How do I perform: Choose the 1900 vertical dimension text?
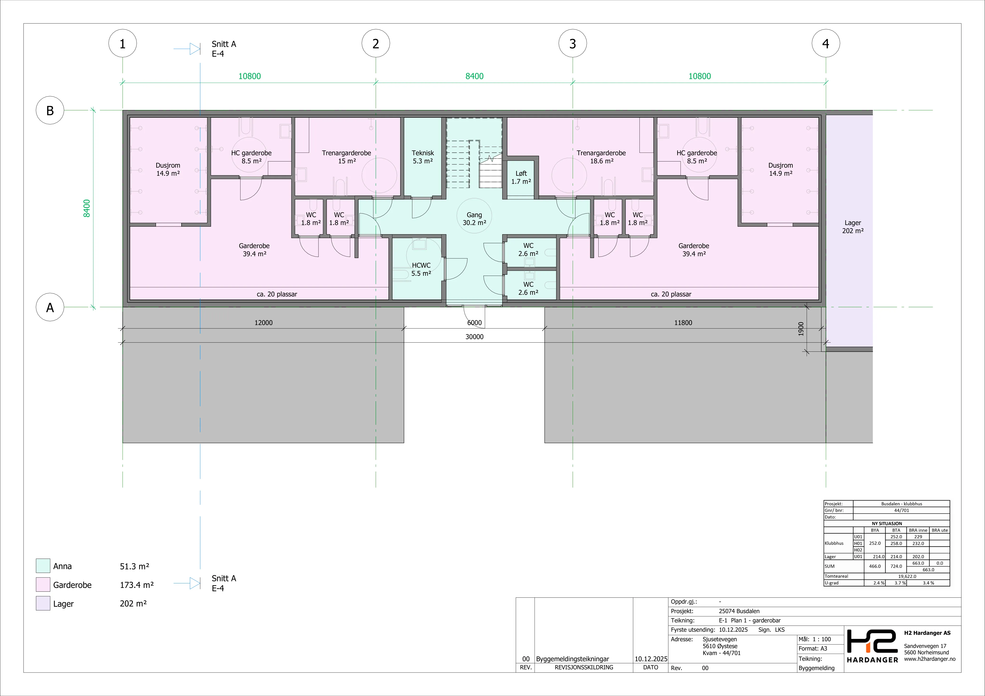801,329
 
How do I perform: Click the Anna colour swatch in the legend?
43,566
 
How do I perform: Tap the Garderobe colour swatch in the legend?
43,585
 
